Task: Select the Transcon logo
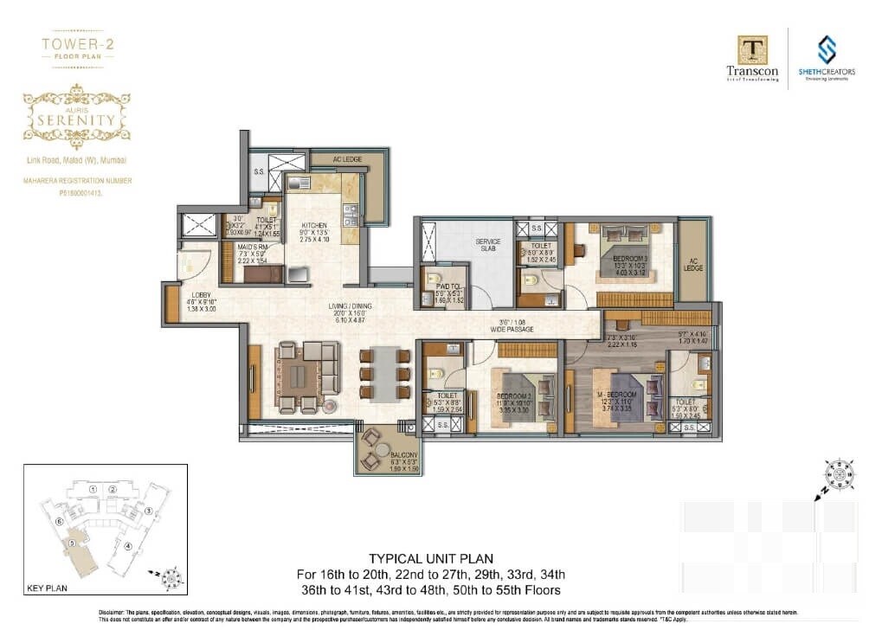752,57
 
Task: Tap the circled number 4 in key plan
128,545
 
